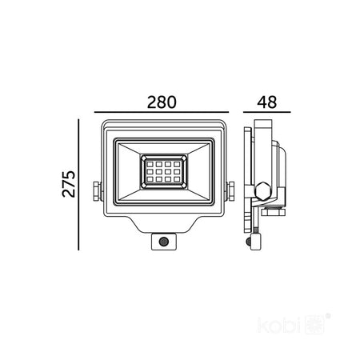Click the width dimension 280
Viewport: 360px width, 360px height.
pyautogui.click(x=162, y=102)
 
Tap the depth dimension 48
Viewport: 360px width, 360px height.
pyautogui.click(x=266, y=102)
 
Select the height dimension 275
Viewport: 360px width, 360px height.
pyautogui.click(x=69, y=184)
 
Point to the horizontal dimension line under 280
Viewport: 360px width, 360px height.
pyautogui.click(x=162, y=112)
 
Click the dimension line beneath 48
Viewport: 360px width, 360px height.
pyautogui.click(x=266, y=112)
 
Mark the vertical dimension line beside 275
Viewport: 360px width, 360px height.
pyautogui.click(x=78, y=185)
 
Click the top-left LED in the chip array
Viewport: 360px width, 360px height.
pyautogui.click(x=150, y=164)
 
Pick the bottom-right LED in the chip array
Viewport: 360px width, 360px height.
pyautogui.click(x=177, y=179)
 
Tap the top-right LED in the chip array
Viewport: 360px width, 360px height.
pyautogui.click(x=177, y=164)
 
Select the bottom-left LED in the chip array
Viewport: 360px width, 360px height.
pyautogui.click(x=150, y=179)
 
